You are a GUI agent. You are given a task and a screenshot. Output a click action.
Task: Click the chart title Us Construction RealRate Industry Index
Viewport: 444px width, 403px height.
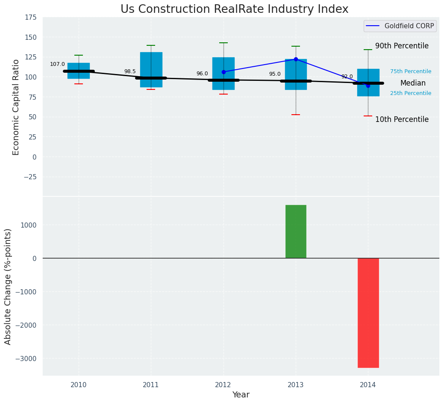tap(234, 9)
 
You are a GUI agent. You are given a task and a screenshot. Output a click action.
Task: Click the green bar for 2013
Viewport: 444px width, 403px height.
tap(296, 231)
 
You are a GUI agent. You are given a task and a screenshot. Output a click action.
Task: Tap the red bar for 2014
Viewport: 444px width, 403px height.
tap(368, 313)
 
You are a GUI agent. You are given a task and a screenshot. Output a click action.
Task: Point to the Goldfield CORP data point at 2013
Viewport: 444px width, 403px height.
tap(296, 59)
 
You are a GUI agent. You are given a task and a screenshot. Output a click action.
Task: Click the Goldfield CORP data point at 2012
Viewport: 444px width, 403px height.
tap(223, 72)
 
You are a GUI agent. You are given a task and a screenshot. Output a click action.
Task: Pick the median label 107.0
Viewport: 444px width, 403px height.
tap(57, 64)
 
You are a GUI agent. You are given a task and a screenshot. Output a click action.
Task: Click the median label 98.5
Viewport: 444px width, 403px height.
tap(130, 71)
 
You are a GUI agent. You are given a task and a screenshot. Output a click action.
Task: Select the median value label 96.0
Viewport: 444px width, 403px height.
tap(202, 74)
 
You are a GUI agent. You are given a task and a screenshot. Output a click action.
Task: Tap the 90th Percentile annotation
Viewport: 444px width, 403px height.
tap(402, 46)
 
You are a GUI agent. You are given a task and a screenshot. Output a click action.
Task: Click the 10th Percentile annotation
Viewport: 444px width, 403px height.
tap(402, 119)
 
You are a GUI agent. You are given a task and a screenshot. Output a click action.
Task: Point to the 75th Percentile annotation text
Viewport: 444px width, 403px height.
tap(411, 71)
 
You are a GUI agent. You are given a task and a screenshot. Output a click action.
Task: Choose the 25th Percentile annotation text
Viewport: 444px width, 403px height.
tap(411, 93)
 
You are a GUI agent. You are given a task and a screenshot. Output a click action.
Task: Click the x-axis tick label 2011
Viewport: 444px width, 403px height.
tap(151, 385)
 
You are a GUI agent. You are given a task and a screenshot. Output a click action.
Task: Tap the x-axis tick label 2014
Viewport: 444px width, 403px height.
tap(368, 385)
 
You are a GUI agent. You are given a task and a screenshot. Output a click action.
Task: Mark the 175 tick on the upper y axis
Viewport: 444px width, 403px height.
tap(30, 18)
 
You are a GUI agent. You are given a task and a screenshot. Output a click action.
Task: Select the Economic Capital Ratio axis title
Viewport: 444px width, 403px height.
tap(16, 107)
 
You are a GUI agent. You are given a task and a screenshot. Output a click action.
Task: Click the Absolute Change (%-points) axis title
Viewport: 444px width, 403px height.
tap(8, 286)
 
